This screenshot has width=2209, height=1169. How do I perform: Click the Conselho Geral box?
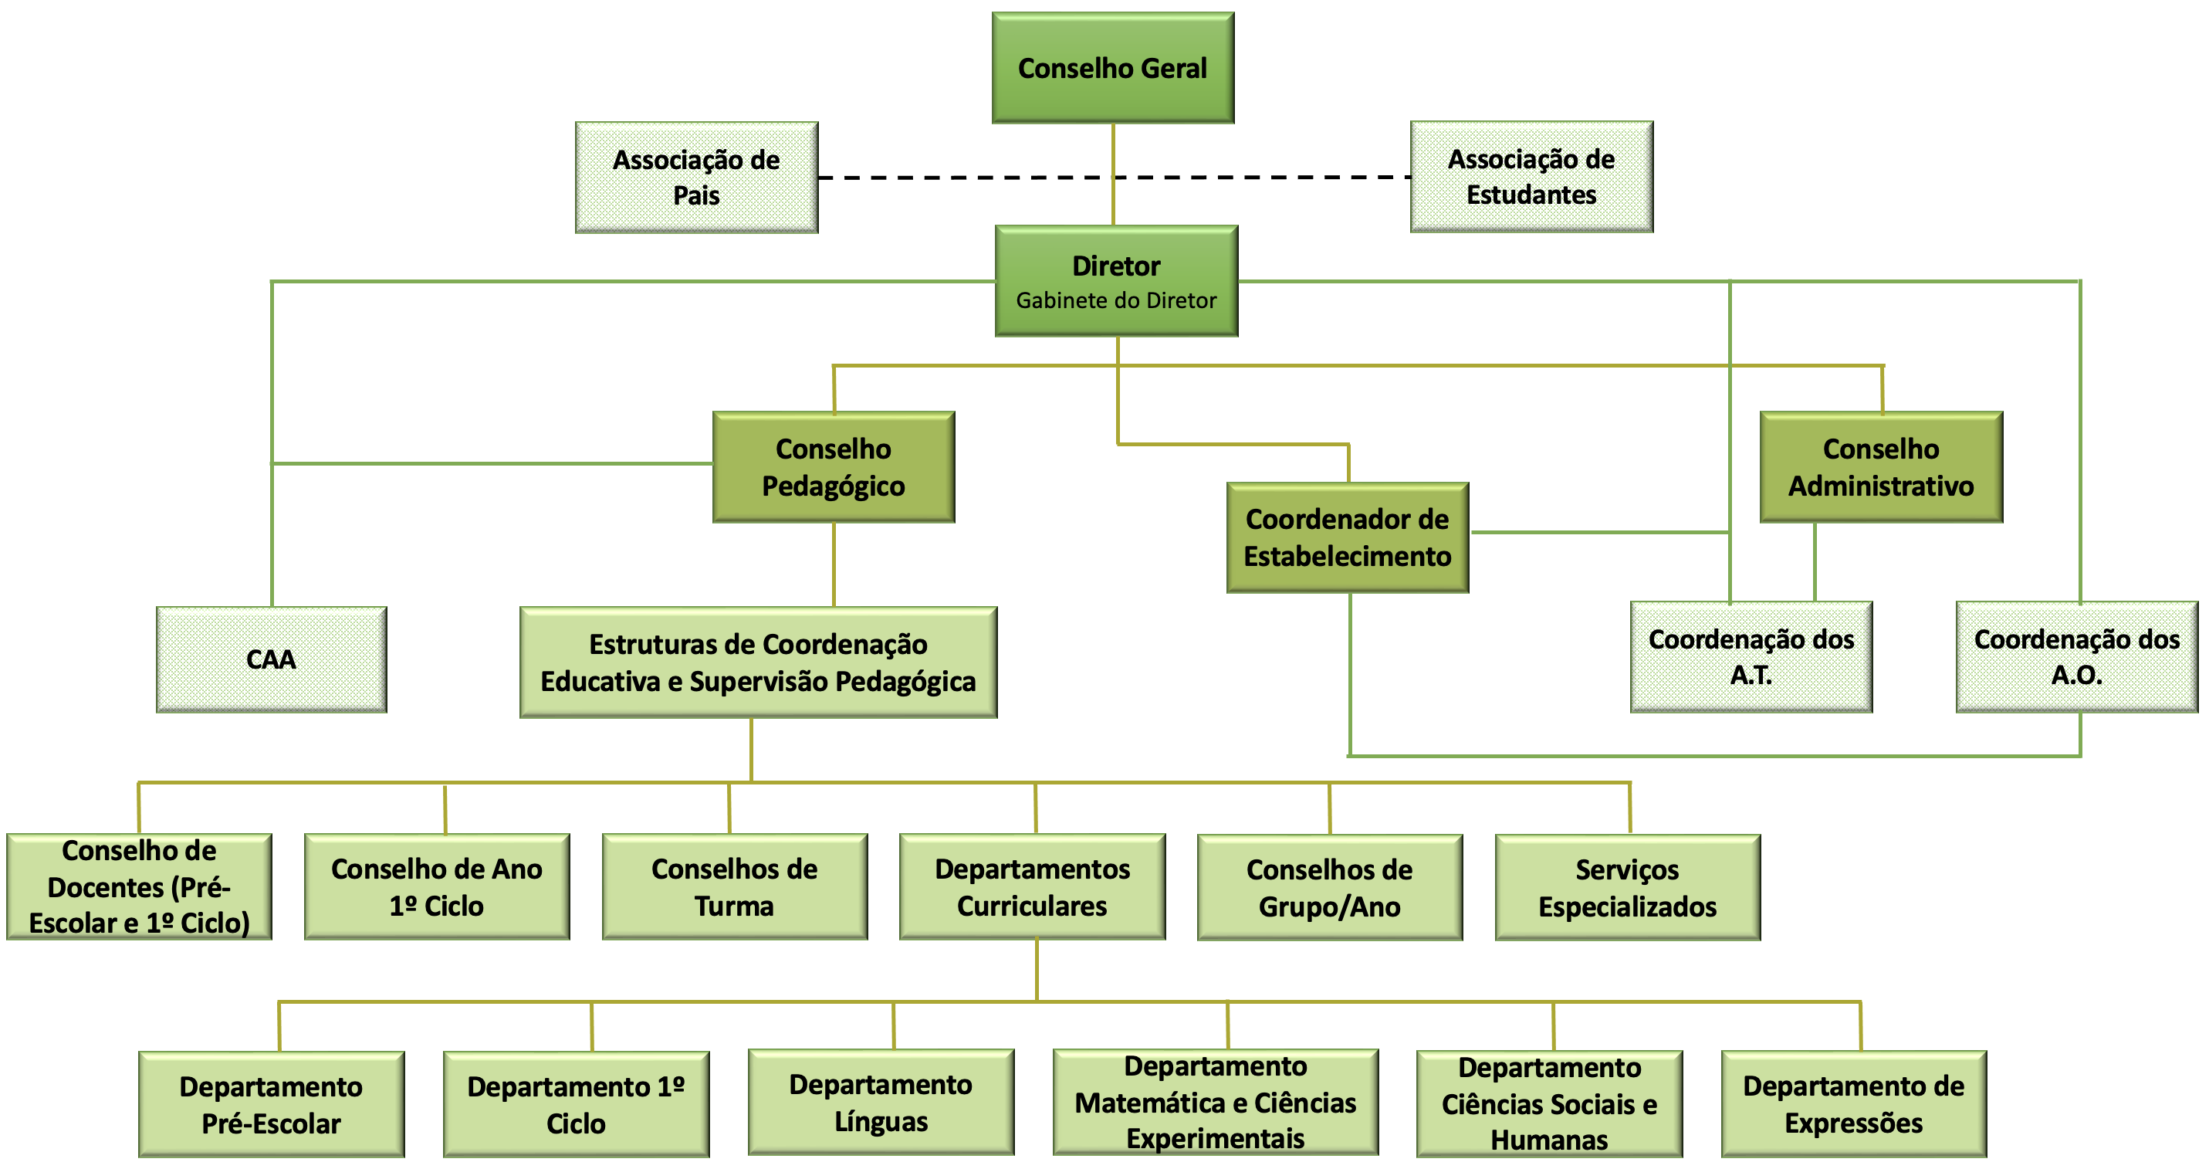tap(1112, 68)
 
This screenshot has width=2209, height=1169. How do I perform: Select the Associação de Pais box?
tap(696, 178)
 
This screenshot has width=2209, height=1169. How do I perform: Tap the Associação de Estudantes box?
tap(1531, 177)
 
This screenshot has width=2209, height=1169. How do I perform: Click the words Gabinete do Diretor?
tap(1115, 300)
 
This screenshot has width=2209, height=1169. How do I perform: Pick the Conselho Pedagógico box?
tap(834, 467)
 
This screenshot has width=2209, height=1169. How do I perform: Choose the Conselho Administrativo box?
tap(1880, 467)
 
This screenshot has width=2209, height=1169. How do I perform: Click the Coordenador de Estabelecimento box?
tap(1347, 537)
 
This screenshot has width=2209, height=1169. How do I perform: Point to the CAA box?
tap(271, 659)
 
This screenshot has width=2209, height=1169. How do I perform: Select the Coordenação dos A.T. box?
tap(1751, 657)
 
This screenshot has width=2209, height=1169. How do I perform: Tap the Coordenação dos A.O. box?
tap(2076, 657)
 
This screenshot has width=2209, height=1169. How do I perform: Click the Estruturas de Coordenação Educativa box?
tap(758, 663)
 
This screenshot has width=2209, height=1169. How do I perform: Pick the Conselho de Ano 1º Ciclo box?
tap(437, 887)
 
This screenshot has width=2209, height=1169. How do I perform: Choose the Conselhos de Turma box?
tap(734, 887)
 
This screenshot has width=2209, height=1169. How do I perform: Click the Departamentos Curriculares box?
tap(1032, 887)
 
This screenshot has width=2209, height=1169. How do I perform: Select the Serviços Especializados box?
tap(1627, 888)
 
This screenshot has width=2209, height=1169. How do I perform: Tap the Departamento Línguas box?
tap(881, 1103)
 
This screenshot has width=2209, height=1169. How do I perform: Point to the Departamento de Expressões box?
tap(1853, 1105)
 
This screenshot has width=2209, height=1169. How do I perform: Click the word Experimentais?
tap(1215, 1139)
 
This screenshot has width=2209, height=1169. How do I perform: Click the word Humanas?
tap(1549, 1140)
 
